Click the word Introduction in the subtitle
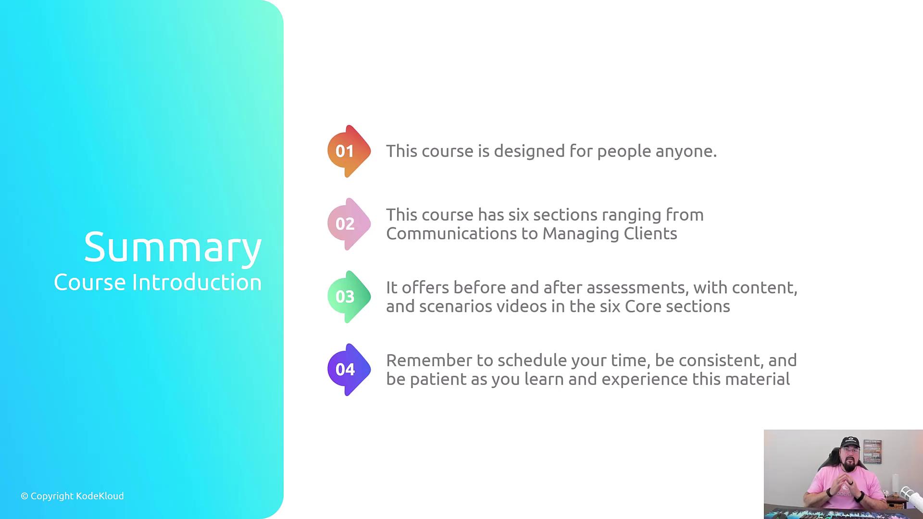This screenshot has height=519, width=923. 197,282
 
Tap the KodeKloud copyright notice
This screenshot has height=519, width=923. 72,496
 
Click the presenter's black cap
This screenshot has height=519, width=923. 850,442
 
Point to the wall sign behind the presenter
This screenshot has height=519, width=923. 873,452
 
